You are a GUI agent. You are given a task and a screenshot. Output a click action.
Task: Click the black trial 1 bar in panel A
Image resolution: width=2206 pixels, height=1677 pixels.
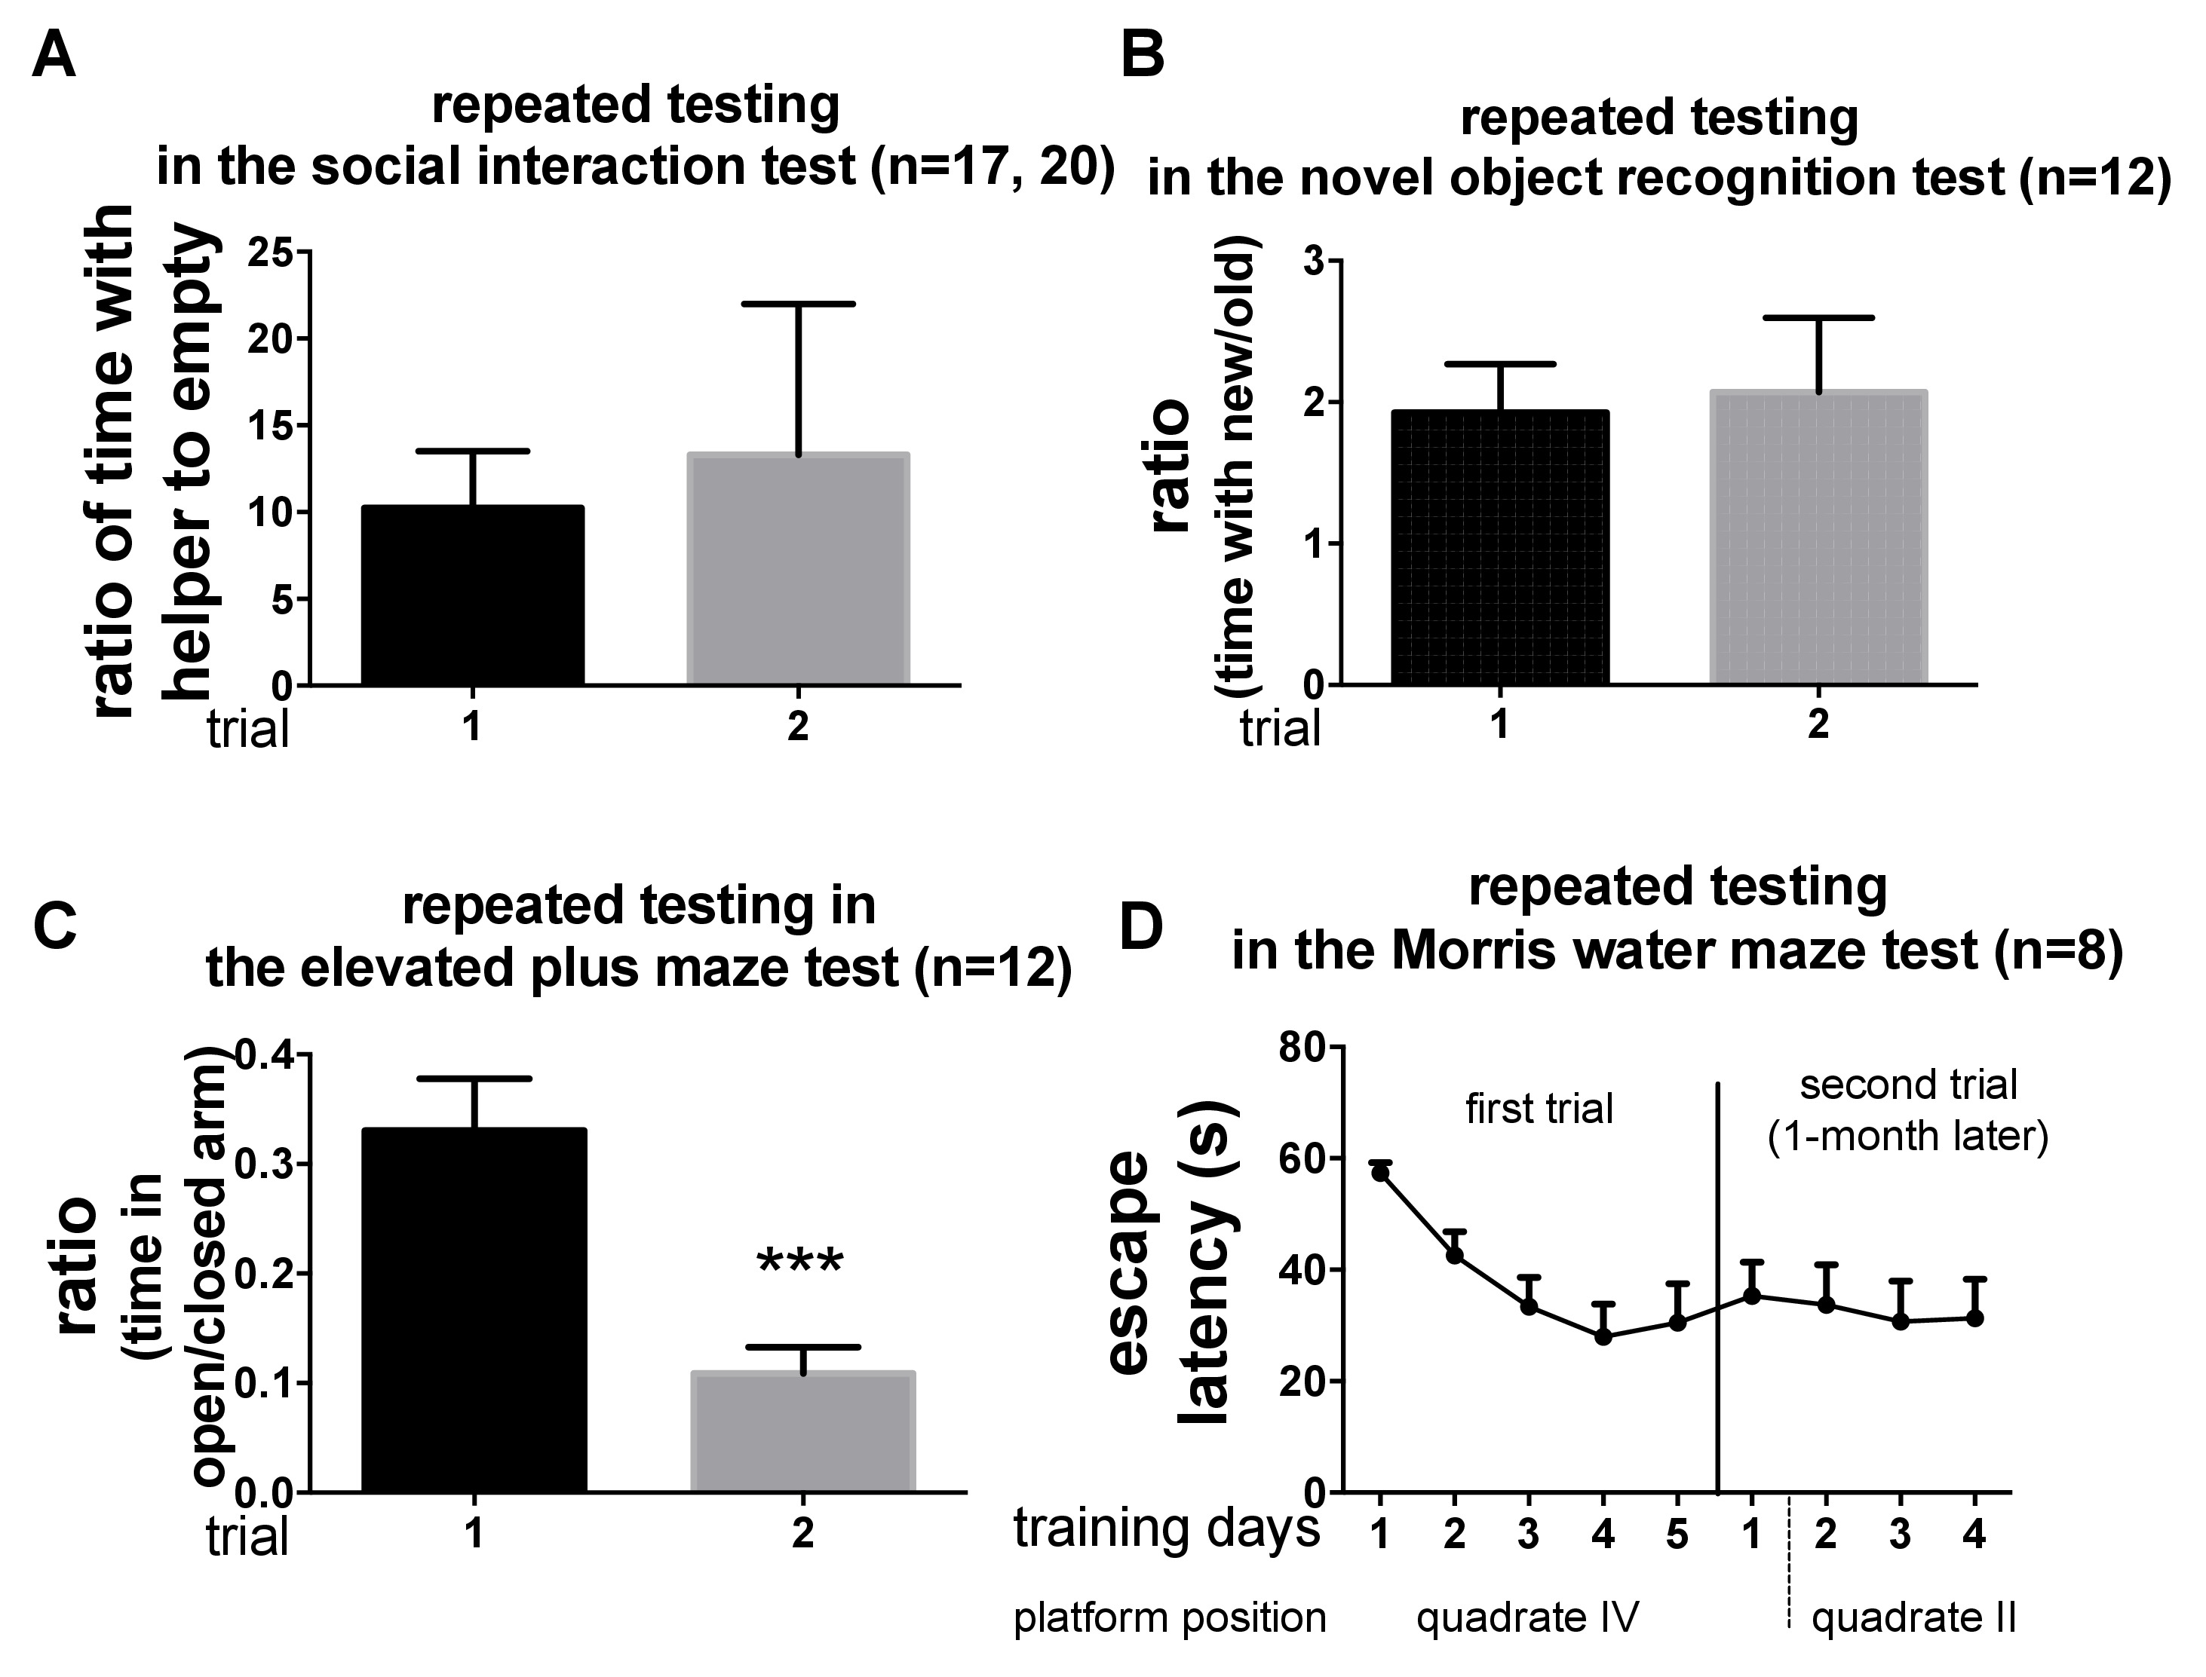(472, 596)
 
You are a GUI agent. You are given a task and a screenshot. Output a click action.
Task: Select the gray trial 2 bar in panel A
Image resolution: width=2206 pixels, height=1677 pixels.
(798, 569)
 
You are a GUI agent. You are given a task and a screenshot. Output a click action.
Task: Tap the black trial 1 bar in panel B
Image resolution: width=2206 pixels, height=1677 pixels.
(1499, 548)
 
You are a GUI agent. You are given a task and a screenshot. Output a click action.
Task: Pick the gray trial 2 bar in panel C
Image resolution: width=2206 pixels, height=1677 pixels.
(803, 1433)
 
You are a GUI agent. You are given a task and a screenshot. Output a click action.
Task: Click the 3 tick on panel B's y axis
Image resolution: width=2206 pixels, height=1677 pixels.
(1316, 262)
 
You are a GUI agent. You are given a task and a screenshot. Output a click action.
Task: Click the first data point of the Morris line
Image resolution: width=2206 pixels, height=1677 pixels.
(1380, 1173)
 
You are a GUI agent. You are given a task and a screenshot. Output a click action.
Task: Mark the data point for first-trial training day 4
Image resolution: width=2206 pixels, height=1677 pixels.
(1603, 1336)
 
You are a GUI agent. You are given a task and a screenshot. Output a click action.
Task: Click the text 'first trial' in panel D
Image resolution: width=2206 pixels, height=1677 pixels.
(1539, 1109)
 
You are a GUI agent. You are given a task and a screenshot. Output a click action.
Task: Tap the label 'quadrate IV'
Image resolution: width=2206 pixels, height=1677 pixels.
(1528, 1617)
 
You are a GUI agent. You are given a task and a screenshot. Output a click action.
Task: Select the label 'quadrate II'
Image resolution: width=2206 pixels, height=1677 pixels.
(1913, 1618)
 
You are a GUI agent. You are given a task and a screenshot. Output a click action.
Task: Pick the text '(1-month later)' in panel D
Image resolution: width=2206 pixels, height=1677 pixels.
(1908, 1137)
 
